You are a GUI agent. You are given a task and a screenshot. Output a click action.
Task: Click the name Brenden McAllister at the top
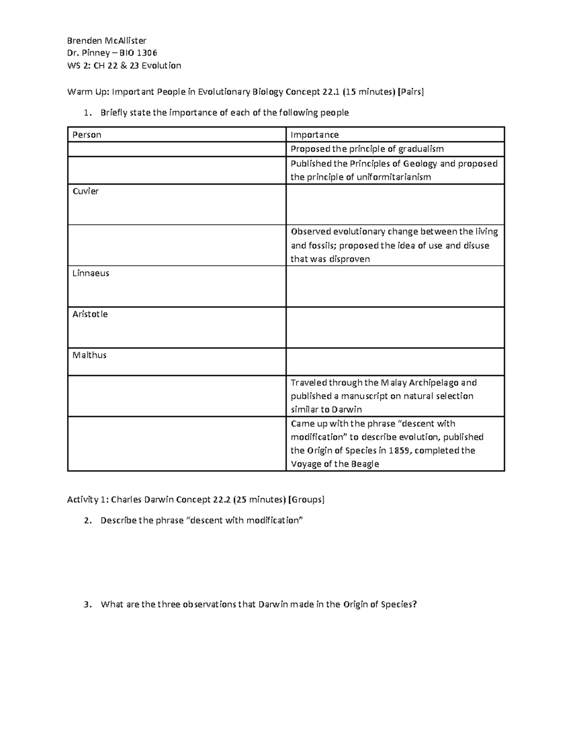[107, 40]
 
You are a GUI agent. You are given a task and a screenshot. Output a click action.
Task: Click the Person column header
[87, 135]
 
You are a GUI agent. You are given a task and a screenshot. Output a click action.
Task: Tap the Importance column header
[315, 135]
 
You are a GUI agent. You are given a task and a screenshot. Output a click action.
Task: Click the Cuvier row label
[86, 191]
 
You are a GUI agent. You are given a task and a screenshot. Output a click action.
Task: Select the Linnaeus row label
[91, 273]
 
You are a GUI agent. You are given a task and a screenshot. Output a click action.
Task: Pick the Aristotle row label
[90, 314]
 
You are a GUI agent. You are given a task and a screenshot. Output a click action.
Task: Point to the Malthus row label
[89, 355]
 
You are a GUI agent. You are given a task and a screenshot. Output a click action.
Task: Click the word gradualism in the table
[421, 149]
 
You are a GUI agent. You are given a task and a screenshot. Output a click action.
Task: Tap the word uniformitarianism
[384, 177]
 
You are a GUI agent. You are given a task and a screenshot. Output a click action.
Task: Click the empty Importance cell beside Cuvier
[395, 205]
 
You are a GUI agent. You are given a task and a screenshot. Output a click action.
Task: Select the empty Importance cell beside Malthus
[395, 362]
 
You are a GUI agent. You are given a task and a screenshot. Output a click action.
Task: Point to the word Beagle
[365, 464]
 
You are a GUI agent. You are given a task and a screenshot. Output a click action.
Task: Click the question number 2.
[86, 521]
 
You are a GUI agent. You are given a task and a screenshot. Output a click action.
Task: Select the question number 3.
[86, 605]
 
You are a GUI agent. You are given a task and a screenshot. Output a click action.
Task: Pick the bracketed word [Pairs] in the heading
[411, 92]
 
